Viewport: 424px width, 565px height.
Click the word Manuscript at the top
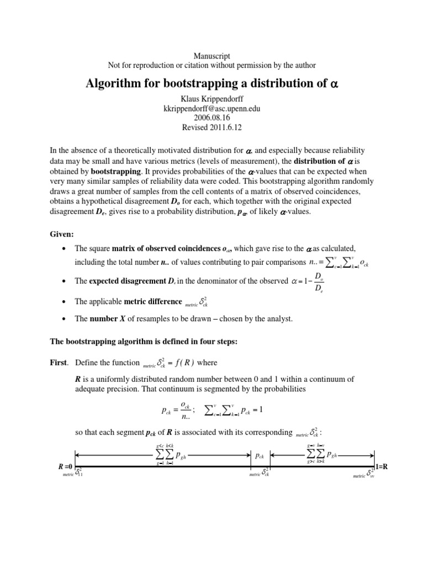212,56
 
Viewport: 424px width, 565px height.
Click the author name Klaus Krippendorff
212,100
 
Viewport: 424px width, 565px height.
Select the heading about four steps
144,342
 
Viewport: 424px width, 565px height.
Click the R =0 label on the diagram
66,467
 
